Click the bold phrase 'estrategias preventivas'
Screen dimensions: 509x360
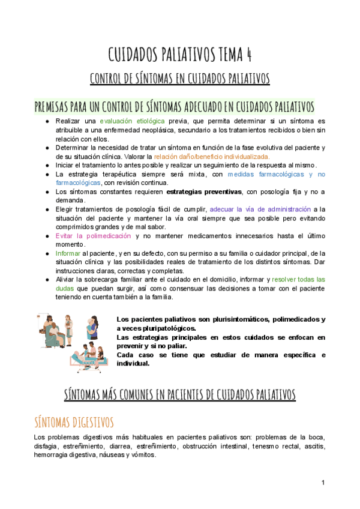[204, 191]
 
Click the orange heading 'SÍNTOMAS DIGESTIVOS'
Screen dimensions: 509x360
[73, 422]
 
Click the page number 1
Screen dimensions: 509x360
[323, 483]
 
